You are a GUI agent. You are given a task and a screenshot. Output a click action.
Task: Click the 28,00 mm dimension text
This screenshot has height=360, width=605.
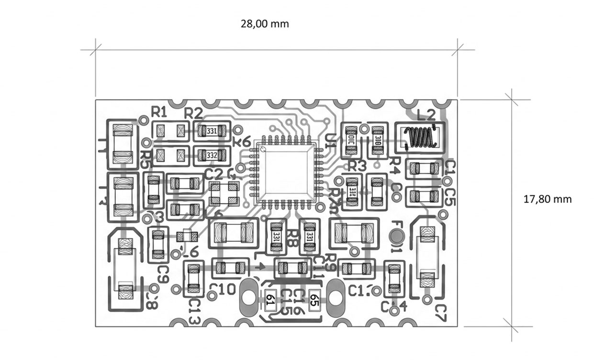pos(265,24)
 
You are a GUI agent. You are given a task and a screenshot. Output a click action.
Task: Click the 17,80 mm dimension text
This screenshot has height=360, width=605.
pos(548,199)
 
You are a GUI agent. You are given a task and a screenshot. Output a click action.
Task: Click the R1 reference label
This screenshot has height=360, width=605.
pos(159,112)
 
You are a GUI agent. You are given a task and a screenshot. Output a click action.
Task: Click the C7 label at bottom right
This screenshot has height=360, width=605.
pos(440,312)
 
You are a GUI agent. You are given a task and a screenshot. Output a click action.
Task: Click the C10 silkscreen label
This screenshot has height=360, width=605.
pos(222,289)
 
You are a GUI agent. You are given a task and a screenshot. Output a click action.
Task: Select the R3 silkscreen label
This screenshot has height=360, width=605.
pos(357,166)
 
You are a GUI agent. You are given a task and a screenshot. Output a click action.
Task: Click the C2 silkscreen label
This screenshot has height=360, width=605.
pos(213,173)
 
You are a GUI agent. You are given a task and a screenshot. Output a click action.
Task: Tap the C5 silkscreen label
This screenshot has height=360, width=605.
pos(450,196)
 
